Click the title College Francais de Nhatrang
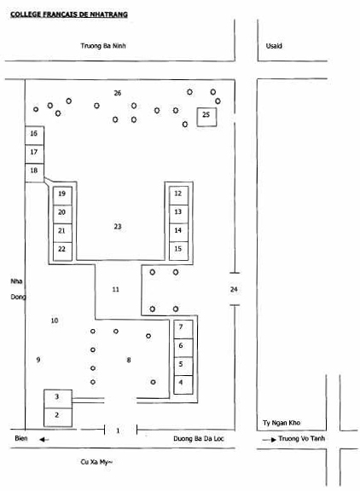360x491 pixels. [69, 14]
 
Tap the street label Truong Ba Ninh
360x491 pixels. [103, 46]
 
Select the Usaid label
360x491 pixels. [274, 46]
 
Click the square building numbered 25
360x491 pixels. [206, 117]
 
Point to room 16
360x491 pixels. [34, 136]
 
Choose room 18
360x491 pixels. [34, 172]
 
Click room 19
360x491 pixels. [62, 196]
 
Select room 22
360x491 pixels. [62, 251]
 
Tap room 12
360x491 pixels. [178, 196]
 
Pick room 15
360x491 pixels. [178, 251]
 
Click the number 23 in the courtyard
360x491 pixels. [118, 227]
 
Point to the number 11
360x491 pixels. [116, 289]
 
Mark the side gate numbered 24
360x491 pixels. [234, 289]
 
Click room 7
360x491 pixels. [183, 329]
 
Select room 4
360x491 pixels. [183, 384]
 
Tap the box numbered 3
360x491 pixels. [58, 399]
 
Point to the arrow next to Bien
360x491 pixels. [44, 440]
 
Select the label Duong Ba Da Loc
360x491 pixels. [199, 439]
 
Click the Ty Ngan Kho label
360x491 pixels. [282, 423]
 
